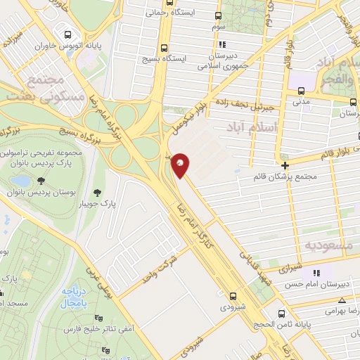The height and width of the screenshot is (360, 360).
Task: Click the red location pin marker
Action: [181, 163]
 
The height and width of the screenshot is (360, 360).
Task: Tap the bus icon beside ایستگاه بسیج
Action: [165, 49]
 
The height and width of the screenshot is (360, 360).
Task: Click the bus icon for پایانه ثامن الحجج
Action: [282, 314]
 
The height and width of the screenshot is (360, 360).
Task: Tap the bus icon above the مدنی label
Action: [302, 91]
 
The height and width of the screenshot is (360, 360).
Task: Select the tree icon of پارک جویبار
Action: [96, 191]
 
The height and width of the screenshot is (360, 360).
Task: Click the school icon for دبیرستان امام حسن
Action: [316, 273]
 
